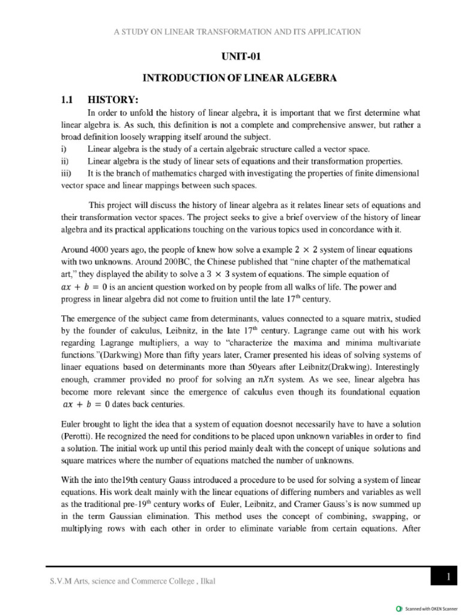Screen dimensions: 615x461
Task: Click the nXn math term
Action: (x=267, y=379)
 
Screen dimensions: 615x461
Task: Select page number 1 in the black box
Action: (x=447, y=577)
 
